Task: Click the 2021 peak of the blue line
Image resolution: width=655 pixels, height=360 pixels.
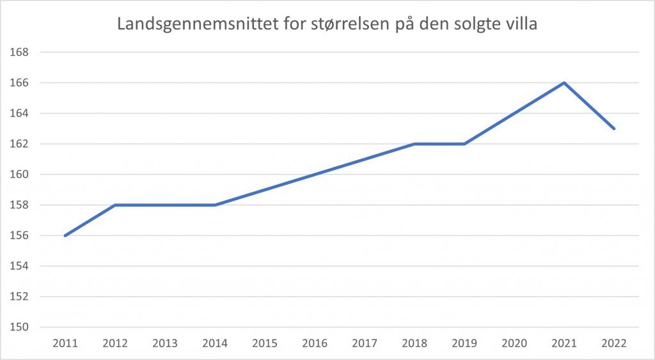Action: (x=564, y=82)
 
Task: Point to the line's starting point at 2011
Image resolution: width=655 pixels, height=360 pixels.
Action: (x=65, y=235)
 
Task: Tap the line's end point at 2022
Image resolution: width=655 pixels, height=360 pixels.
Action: (x=614, y=129)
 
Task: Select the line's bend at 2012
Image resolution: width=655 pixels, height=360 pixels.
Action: (x=115, y=205)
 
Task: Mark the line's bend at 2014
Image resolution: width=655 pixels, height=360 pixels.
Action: (x=215, y=205)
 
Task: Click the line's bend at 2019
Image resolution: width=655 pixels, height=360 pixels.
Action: (x=464, y=144)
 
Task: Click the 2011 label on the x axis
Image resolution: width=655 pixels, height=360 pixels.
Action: (x=65, y=343)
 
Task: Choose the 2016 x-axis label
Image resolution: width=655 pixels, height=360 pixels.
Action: (x=315, y=343)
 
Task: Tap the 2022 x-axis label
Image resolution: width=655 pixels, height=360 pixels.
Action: (x=614, y=343)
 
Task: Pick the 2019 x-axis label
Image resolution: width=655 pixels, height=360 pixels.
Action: (x=464, y=343)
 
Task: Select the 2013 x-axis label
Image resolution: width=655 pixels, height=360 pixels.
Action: (x=165, y=343)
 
